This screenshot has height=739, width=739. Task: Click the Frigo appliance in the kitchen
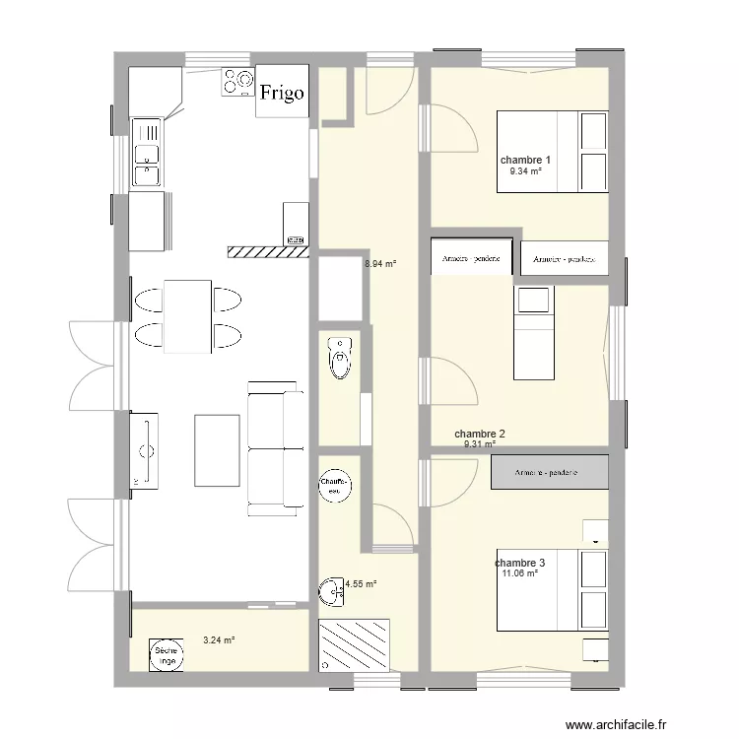pyautogui.click(x=283, y=93)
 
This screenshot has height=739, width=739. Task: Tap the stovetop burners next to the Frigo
pyautogui.click(x=237, y=83)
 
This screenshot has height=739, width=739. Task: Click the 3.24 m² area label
pyautogui.click(x=219, y=640)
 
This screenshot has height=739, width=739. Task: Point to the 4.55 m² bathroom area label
pyautogui.click(x=361, y=583)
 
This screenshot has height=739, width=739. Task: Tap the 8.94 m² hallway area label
pyautogui.click(x=380, y=264)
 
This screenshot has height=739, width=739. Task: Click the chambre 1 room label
pyautogui.click(x=525, y=160)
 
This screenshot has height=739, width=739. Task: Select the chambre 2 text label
pyautogui.click(x=480, y=434)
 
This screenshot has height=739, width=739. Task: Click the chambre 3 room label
pyautogui.click(x=520, y=563)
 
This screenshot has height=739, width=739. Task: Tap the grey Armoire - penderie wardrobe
pyautogui.click(x=550, y=473)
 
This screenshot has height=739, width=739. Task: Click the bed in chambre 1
pyautogui.click(x=552, y=151)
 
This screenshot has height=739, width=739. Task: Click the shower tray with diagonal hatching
pyautogui.click(x=355, y=643)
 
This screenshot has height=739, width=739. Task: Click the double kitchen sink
pyautogui.click(x=148, y=152)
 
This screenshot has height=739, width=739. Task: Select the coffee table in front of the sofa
pyautogui.click(x=218, y=450)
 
